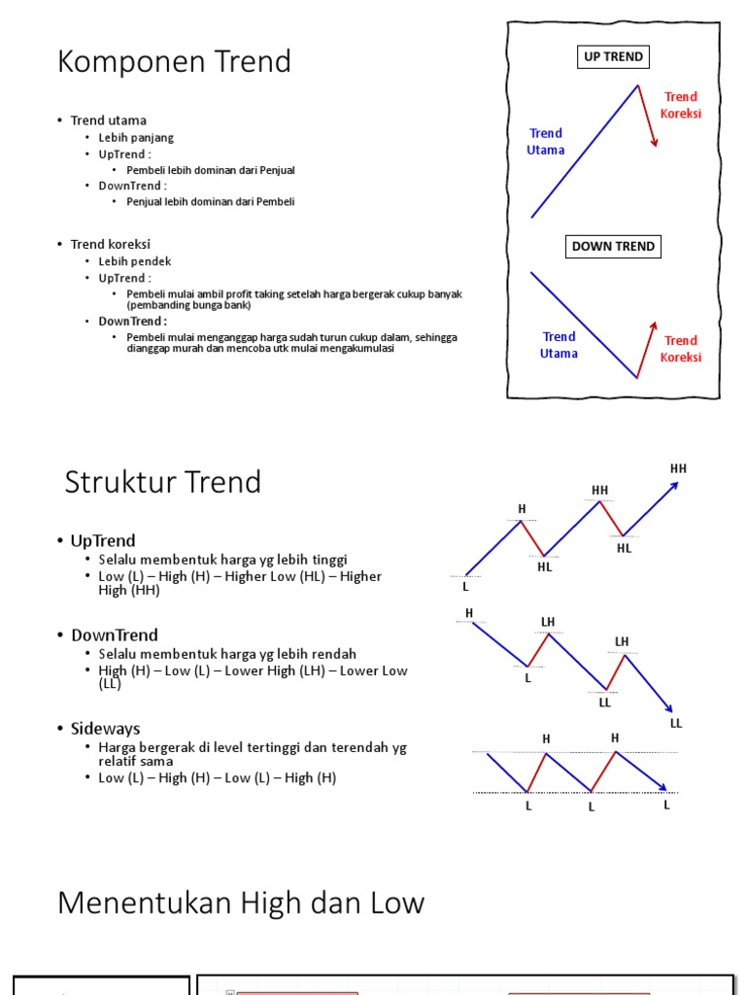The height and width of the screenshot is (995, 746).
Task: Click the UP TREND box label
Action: point(613,56)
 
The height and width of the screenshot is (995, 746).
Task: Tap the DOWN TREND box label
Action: point(613,246)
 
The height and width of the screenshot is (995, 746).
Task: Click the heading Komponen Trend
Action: point(174,61)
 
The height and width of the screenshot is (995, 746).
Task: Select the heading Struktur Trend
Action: point(162,482)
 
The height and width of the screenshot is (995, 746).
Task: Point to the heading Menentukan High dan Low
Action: point(241,903)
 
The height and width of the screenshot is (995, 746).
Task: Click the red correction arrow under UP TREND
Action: point(648,117)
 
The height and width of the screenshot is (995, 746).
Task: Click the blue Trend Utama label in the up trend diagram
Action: point(546,142)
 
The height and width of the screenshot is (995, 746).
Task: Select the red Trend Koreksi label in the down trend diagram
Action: point(681,349)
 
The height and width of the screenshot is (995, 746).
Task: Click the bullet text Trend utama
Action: point(109,120)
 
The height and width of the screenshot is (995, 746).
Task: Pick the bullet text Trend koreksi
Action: point(111,244)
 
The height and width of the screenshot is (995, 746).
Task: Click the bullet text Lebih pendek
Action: point(135,261)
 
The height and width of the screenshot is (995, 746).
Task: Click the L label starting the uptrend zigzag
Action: point(465,586)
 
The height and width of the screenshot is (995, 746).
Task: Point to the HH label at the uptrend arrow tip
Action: point(678,468)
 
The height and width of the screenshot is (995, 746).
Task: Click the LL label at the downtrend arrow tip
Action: point(676,723)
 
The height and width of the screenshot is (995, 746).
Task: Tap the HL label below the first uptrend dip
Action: point(544,567)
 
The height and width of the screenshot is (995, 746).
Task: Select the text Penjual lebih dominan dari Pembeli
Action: point(210,202)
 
